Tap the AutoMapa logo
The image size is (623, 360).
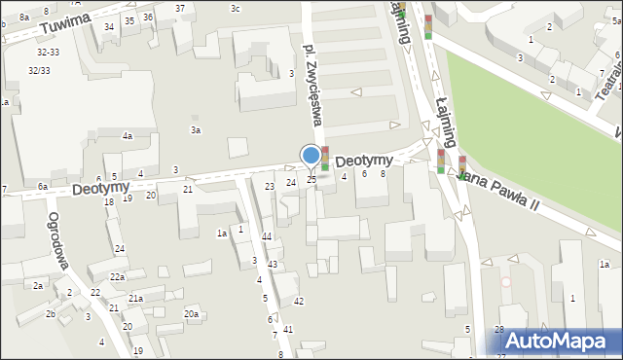(x=560, y=341)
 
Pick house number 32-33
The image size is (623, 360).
(x=48, y=52)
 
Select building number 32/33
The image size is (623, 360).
(x=40, y=70)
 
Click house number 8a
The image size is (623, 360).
(x=23, y=18)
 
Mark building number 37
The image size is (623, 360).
(x=180, y=8)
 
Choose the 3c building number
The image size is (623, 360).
(x=235, y=8)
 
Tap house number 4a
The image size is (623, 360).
(x=127, y=136)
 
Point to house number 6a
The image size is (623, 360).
(x=43, y=186)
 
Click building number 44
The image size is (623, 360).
(x=267, y=236)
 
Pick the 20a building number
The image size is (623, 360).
(x=192, y=313)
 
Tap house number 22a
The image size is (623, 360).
(x=117, y=276)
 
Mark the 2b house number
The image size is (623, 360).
(x=50, y=313)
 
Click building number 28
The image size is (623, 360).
(x=499, y=331)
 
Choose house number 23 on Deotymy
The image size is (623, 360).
(x=270, y=186)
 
